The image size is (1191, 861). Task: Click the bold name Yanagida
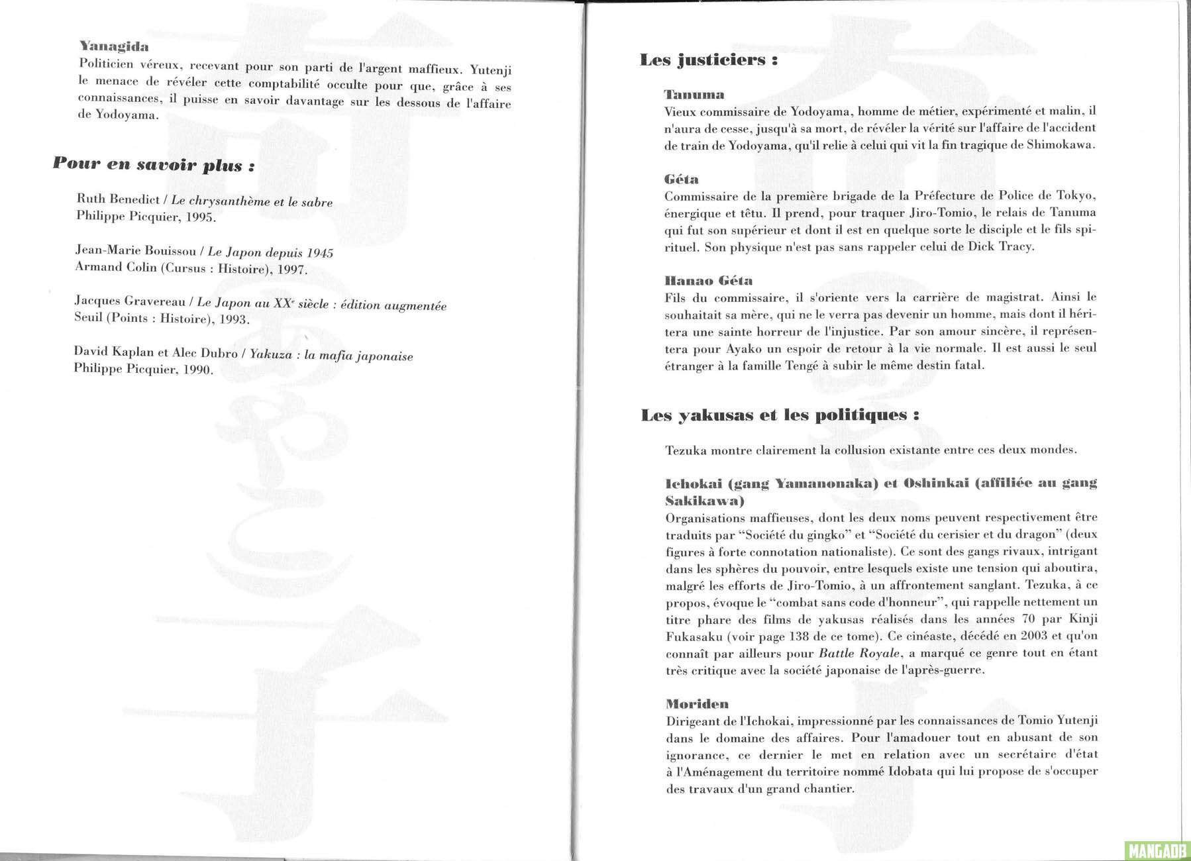113,47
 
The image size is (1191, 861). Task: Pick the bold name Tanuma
694,95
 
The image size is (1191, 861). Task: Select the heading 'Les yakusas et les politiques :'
780,416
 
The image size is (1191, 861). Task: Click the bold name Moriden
697,703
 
